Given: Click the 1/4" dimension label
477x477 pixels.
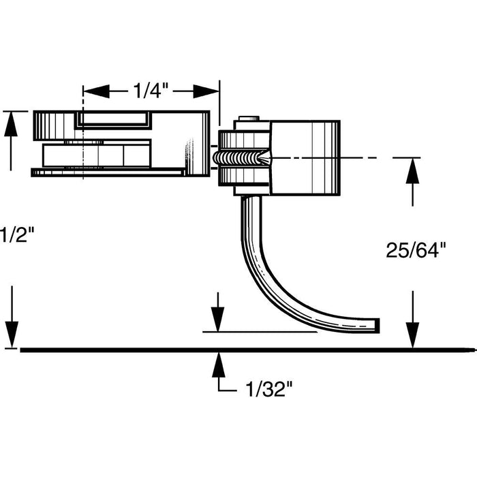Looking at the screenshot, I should (150, 91).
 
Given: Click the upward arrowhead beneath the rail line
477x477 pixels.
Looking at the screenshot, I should (217, 365).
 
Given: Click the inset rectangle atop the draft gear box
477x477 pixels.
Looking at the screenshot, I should (113, 120).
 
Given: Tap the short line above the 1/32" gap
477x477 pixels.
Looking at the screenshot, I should (259, 333).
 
